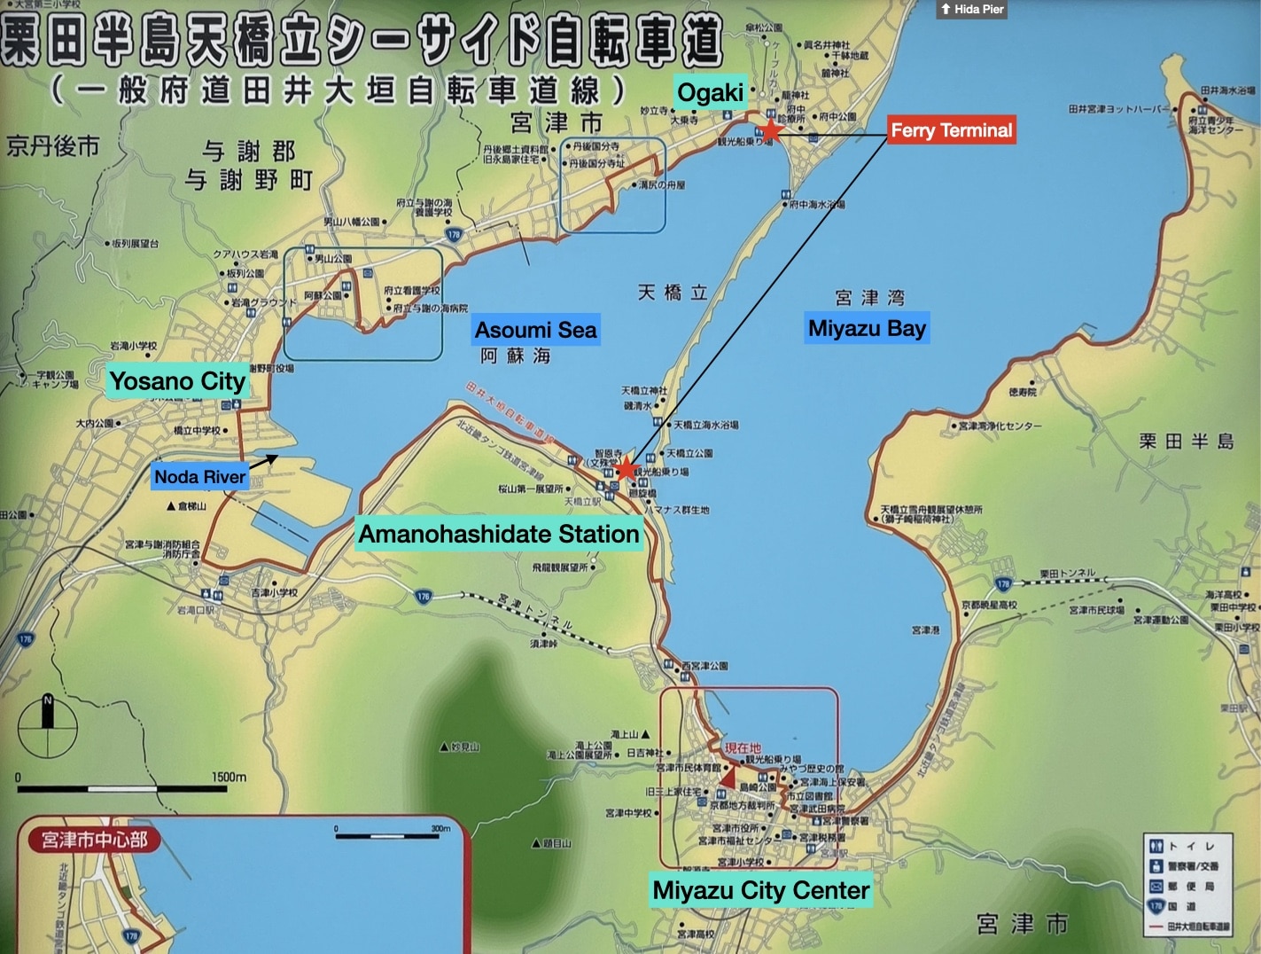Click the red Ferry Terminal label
click(x=951, y=130)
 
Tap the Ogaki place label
click(x=710, y=92)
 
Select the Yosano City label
click(x=177, y=381)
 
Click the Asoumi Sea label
click(x=535, y=330)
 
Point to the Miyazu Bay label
click(x=867, y=328)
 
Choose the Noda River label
click(x=199, y=477)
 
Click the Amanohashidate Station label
click(x=498, y=534)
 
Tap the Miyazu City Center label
click(x=760, y=890)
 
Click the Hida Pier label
click(x=972, y=9)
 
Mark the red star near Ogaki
click(x=771, y=129)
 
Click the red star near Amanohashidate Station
click(x=627, y=468)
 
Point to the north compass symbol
click(x=48, y=726)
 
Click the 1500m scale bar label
click(x=229, y=777)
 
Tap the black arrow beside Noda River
click(x=263, y=461)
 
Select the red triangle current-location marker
click(x=728, y=777)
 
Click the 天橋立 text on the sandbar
click(x=673, y=293)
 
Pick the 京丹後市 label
click(x=53, y=146)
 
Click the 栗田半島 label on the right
click(x=1186, y=441)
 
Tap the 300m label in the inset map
click(x=440, y=828)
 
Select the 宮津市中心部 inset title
click(x=94, y=839)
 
